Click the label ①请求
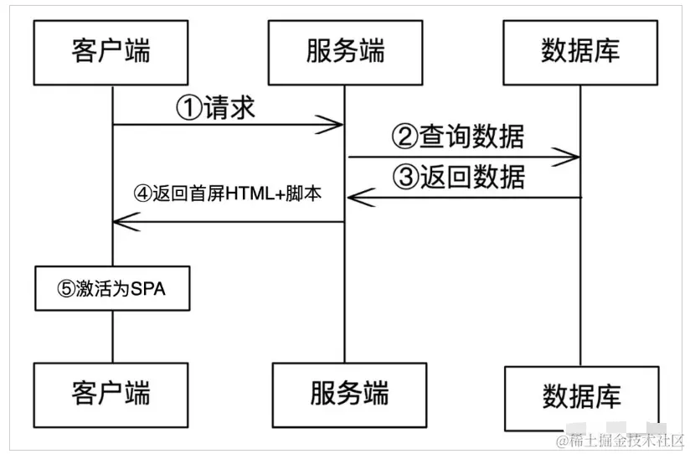click(216, 107)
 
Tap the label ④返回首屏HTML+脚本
click(228, 193)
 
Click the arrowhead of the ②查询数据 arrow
click(573, 156)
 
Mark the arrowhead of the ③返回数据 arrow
click(355, 198)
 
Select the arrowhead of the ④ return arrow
click(121, 221)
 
